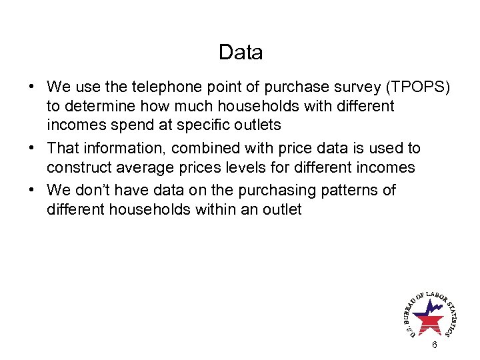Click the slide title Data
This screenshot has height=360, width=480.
pyautogui.click(x=240, y=52)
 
